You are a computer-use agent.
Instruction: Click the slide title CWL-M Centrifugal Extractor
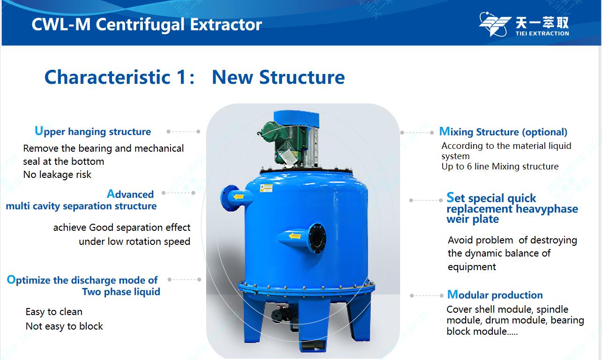(147, 25)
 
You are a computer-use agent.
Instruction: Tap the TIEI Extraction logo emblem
(495, 24)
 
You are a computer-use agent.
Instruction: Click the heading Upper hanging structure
(93, 131)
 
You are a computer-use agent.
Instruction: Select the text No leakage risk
(57, 175)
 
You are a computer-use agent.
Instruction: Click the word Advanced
(130, 194)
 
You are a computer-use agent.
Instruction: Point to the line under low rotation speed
(134, 242)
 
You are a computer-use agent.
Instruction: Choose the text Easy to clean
(54, 312)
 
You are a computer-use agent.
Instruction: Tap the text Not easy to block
(64, 326)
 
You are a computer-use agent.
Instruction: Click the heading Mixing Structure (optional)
(503, 132)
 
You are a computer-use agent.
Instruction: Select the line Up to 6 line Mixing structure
(500, 167)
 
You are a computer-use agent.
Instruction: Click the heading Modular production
(495, 295)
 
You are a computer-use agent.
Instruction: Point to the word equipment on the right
(472, 267)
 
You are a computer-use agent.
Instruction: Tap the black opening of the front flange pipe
(317, 238)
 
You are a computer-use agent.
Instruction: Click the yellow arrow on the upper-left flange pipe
(238, 197)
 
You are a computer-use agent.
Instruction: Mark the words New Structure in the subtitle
(278, 77)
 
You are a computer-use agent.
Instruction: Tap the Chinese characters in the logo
(542, 23)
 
